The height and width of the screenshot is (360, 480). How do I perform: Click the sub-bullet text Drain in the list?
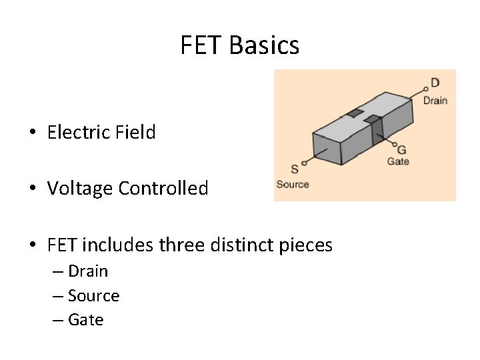[x=88, y=271]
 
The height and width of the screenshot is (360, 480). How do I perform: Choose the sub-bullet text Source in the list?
[x=93, y=295]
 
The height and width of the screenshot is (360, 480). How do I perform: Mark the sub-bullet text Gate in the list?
[x=86, y=320]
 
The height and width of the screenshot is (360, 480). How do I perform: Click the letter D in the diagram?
[x=435, y=83]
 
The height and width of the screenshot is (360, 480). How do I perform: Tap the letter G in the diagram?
[x=401, y=150]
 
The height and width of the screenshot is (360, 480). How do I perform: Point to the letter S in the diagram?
[x=295, y=169]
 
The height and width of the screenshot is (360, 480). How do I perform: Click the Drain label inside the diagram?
[x=435, y=100]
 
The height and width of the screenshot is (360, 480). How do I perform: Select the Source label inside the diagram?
[x=293, y=184]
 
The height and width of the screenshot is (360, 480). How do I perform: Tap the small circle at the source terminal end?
[x=305, y=162]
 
